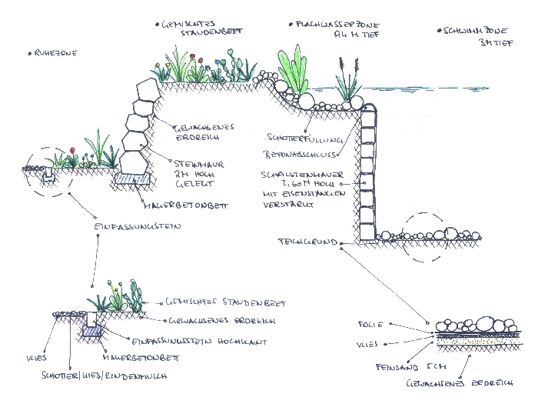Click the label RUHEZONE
click(x=55, y=53)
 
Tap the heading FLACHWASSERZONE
click(x=323, y=25)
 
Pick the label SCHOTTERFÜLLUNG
click(x=297, y=139)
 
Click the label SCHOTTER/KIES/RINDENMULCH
click(x=108, y=376)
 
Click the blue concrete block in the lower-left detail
click(x=93, y=331)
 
